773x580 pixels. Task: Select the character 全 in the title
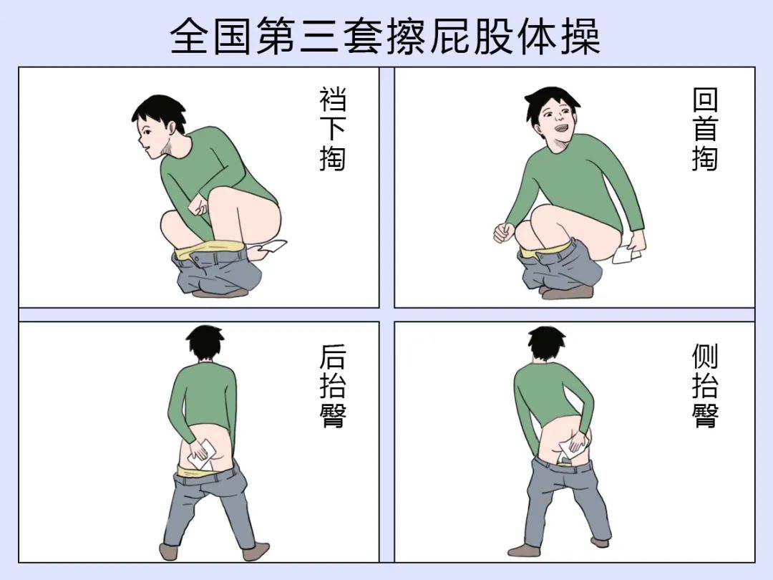190,36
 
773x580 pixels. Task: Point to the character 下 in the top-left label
333,129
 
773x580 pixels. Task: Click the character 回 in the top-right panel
705,100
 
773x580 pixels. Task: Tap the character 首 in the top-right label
705,129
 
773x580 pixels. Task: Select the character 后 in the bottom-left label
333,356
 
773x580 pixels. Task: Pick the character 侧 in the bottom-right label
705,356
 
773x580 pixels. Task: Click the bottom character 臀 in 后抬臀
333,415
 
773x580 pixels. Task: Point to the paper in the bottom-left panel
200,455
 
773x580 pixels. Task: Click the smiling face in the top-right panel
557,118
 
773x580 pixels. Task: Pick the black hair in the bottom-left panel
205,342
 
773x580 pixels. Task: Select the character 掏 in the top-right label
705,158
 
